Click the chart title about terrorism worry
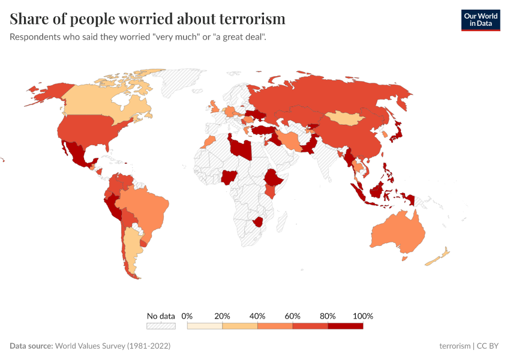pos(148,19)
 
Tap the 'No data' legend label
pos(161,316)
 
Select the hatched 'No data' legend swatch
pos(161,326)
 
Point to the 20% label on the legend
pos(222,316)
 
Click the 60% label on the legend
pos(293,316)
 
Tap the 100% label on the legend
pos(363,316)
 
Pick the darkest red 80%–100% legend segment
pos(346,326)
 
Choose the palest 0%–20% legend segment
pos(205,326)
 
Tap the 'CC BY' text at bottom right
pos(488,346)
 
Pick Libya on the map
pos(241,146)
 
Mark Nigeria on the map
pos(230,177)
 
